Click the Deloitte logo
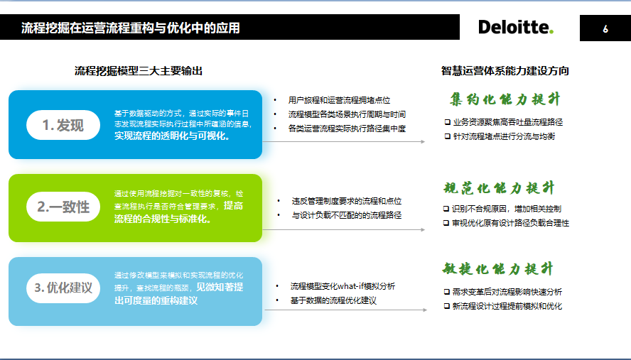pos(516,27)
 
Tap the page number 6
pos(605,28)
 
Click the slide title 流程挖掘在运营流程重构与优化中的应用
pos(130,28)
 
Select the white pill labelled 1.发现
pos(63,125)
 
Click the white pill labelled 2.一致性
pos(63,207)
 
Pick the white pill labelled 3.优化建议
pos(63,288)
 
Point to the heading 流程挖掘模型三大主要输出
pos(139,71)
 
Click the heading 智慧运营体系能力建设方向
pos(505,71)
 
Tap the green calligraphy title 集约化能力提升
pos(505,99)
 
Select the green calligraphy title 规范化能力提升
pos(500,188)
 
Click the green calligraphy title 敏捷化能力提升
pos(498,268)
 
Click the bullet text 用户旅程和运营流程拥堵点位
pos(339,100)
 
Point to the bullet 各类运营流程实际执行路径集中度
pos(347,129)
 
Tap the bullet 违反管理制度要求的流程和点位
pos(347,201)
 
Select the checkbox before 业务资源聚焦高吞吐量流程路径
pos(448,122)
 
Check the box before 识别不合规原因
pos(446,209)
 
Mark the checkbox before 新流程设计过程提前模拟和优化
pos(447,306)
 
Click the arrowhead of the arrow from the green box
pos(423,229)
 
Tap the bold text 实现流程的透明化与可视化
pos(172,136)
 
